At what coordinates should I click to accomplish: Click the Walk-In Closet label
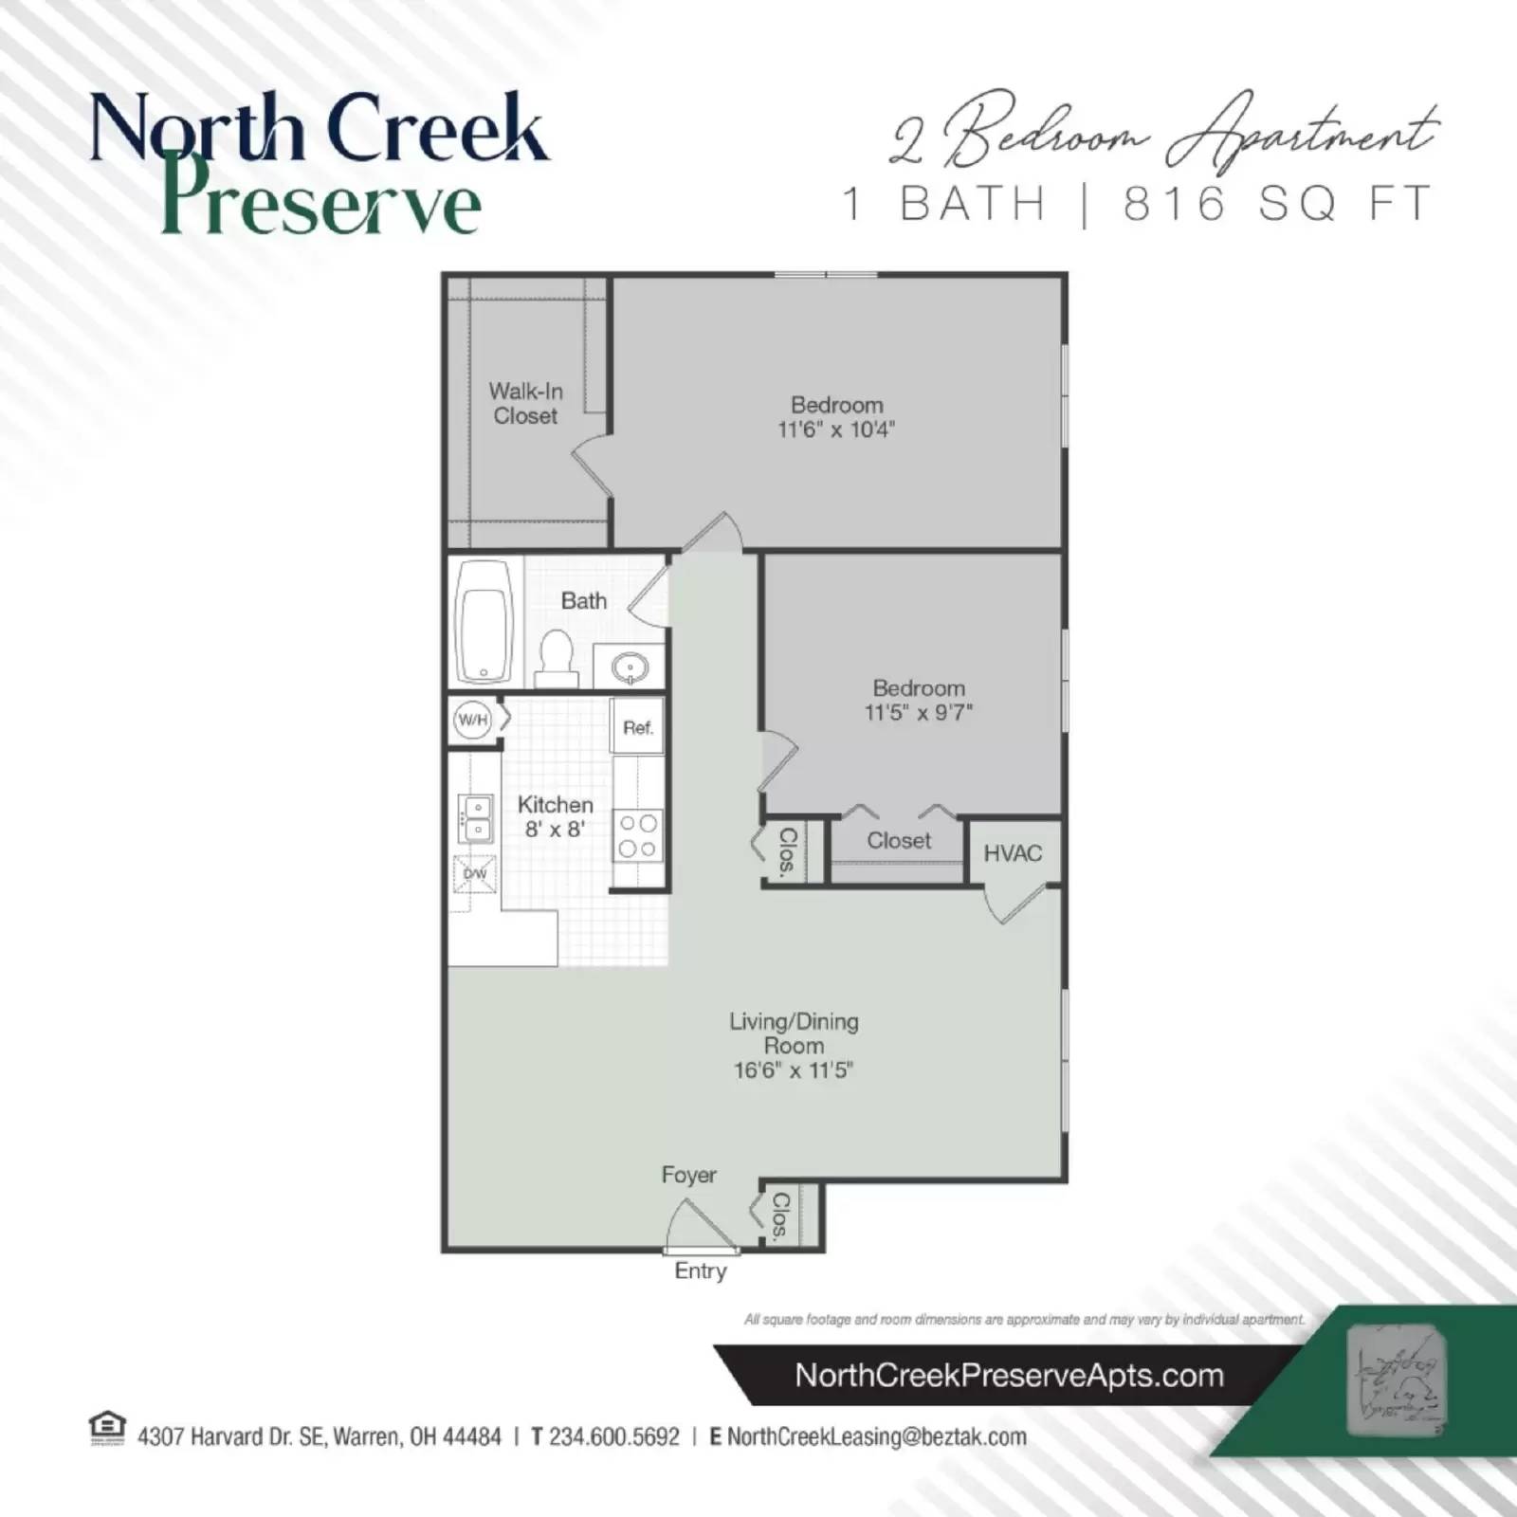point(525,403)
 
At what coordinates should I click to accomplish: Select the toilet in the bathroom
point(557,657)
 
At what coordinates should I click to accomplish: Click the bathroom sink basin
point(630,668)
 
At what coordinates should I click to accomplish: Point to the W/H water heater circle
point(472,720)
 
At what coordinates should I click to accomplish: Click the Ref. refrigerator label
point(638,728)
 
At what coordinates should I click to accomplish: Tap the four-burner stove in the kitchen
point(638,836)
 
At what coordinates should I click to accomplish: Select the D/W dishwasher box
point(474,873)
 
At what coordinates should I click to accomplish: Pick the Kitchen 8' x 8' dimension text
point(556,829)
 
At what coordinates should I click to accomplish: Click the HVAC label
point(1013,853)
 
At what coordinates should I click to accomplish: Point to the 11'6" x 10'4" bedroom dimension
point(836,430)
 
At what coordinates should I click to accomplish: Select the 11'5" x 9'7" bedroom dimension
point(919,713)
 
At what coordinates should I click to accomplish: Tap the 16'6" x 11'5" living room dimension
point(794,1070)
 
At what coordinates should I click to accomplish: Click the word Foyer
point(689,1175)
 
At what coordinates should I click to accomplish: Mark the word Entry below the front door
point(701,1271)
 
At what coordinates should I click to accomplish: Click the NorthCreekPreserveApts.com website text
point(1009,1376)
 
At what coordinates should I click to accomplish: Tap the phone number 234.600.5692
point(614,1437)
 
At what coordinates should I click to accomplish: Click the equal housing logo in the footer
point(106,1427)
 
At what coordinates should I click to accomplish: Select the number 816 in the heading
point(1175,204)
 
